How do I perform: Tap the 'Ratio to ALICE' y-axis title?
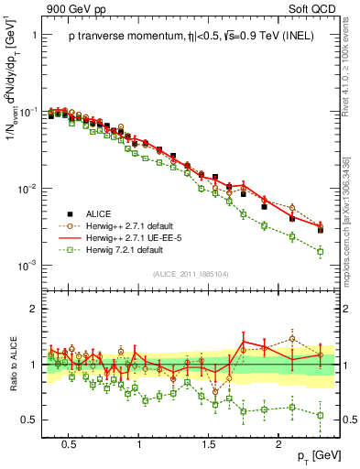click(x=11, y=365)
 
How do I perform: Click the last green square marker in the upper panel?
click(x=321, y=251)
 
